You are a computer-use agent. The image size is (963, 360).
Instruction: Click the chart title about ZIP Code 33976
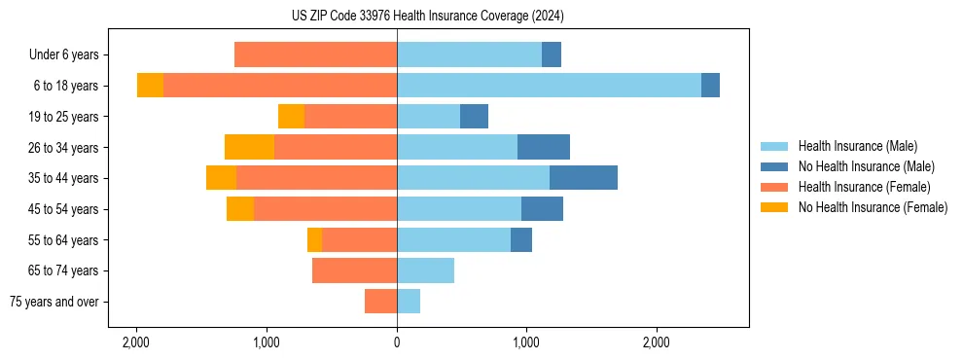[428, 16]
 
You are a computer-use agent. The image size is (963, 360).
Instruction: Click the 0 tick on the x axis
[397, 342]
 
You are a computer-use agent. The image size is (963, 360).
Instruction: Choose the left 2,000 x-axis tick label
[136, 342]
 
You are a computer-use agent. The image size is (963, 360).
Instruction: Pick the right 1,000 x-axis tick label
[526, 342]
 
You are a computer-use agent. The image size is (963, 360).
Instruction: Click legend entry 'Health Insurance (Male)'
[857, 146]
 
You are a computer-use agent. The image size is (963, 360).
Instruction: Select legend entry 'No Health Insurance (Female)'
[873, 207]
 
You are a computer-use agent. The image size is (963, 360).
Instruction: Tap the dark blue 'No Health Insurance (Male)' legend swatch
[775, 166]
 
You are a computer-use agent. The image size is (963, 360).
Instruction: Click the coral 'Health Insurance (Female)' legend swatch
[775, 187]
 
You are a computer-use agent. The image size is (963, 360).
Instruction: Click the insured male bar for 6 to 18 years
[549, 86]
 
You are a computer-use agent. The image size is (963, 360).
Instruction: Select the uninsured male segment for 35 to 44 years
[584, 178]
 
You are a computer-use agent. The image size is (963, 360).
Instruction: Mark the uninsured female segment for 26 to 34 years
[249, 147]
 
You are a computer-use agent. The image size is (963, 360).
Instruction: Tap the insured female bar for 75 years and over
[380, 302]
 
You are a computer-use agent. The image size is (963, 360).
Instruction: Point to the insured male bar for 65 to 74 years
[425, 270]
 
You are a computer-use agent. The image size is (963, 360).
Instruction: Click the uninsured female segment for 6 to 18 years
[150, 86]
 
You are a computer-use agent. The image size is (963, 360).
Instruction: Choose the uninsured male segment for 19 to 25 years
[474, 117]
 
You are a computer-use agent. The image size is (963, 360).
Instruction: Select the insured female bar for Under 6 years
[315, 55]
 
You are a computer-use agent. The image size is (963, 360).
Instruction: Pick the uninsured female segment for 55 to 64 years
[314, 239]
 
